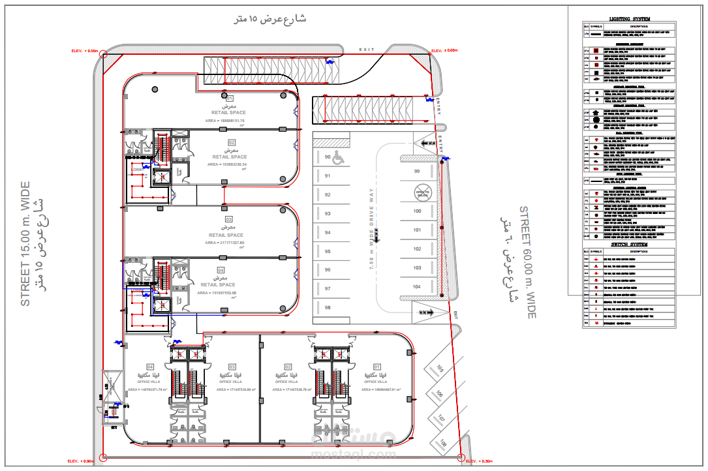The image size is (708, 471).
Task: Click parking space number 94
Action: point(328,233)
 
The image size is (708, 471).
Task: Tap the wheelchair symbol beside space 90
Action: point(338,157)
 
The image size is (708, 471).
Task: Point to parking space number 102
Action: point(418,249)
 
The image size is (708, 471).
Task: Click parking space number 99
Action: point(417,172)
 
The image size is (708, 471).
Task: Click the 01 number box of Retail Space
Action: point(230,99)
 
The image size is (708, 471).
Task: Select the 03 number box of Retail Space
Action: point(229,220)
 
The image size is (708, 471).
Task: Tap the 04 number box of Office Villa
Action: point(150,367)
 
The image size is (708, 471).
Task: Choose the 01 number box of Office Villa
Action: point(377,367)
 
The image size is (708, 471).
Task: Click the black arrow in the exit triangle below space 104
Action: point(429,313)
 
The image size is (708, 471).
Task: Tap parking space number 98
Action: point(328,308)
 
